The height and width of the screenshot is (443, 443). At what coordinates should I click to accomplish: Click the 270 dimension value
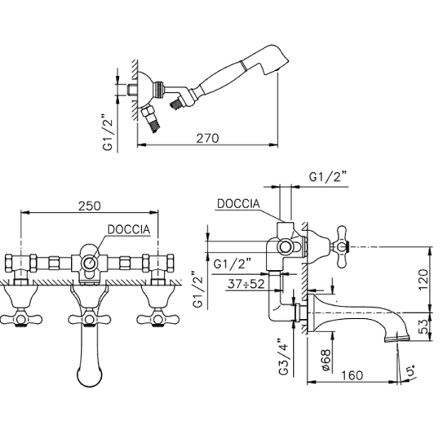[207, 138]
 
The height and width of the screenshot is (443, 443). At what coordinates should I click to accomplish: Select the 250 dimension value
[89, 206]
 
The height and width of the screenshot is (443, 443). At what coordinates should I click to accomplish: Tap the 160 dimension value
[352, 376]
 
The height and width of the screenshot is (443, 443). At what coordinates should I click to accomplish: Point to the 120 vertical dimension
[423, 279]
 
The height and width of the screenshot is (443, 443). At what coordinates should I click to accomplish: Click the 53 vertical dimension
[423, 326]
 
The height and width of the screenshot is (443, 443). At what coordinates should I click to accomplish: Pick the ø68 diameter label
[326, 360]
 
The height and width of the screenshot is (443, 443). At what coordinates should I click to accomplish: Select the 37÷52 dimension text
[246, 284]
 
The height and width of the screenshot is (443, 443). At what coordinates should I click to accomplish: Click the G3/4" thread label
[284, 357]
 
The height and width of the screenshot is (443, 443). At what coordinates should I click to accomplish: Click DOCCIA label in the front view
[128, 230]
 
